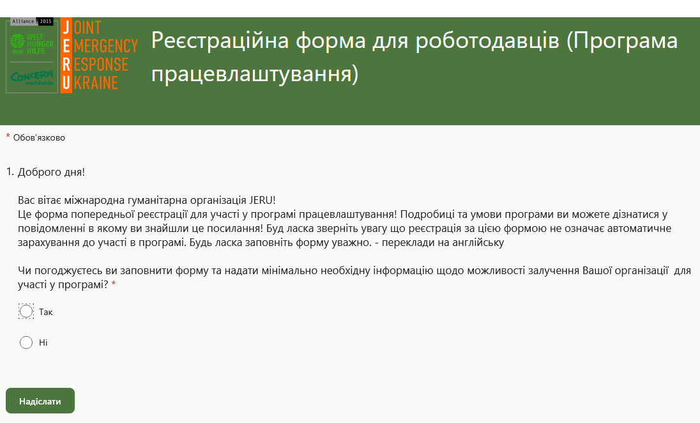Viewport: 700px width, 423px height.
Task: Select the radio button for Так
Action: point(26,311)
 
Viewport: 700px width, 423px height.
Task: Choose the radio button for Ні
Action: point(26,342)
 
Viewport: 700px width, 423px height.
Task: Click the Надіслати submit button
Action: point(40,401)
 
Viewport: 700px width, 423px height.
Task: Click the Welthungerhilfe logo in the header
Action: point(32,43)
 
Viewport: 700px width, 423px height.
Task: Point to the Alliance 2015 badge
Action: point(32,22)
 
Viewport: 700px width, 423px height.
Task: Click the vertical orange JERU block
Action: point(66,56)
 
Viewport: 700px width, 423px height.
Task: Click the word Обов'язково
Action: point(39,137)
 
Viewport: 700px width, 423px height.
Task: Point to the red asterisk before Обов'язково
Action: point(8,136)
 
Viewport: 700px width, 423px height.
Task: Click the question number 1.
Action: point(10,172)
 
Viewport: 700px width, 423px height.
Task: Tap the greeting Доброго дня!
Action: point(51,172)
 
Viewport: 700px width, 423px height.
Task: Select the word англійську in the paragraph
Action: point(480,243)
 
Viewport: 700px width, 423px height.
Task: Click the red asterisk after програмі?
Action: point(114,284)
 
